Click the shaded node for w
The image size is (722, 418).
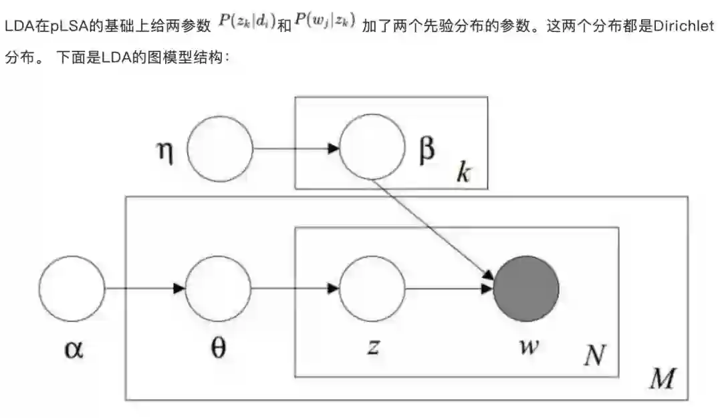coord(526,288)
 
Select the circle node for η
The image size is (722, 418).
coord(219,148)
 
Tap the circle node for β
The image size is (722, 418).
coord(372,148)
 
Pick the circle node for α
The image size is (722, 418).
coord(72,288)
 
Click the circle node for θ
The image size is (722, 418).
coord(218,288)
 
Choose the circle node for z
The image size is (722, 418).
coord(372,288)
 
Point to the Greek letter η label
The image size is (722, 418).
coord(164,152)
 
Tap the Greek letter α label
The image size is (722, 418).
coord(73,349)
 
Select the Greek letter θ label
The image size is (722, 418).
coord(219,348)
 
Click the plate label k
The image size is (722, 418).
coord(463,172)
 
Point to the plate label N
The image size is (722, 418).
coord(594,356)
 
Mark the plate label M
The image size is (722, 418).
coord(663,379)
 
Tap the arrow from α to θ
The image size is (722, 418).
coord(144,288)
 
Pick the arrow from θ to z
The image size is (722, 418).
coord(295,288)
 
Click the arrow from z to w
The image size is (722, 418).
coord(449,288)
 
